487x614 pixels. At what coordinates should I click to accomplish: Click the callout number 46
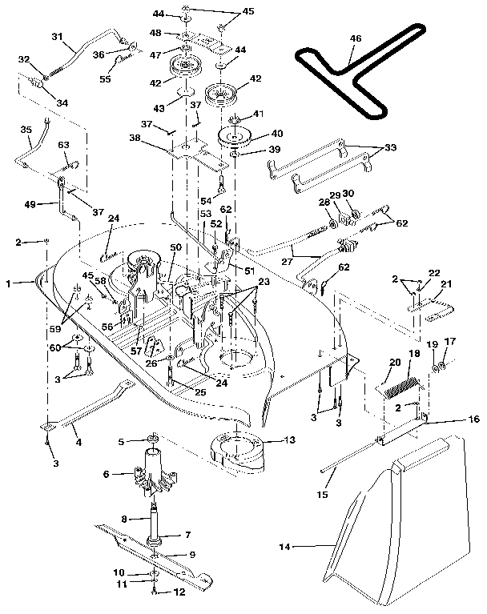(356, 38)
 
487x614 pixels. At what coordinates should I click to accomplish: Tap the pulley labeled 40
(238, 137)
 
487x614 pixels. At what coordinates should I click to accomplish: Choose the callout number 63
(63, 145)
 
